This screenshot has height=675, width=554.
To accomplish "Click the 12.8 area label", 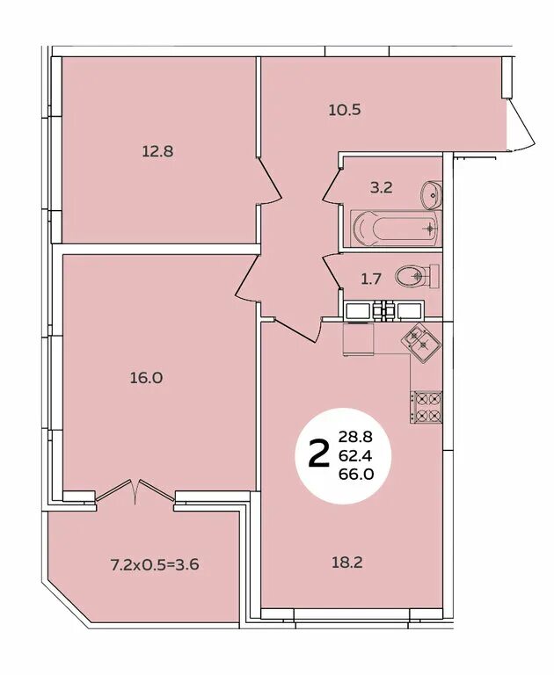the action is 157,151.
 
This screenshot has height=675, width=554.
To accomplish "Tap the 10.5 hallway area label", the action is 344,110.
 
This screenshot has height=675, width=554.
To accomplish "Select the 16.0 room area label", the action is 147,378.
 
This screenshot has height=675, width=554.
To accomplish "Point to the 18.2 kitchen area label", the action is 346,562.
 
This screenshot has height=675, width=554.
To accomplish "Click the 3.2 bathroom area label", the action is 382,188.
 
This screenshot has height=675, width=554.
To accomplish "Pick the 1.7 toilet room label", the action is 371,279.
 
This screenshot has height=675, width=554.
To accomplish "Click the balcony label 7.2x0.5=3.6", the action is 155,564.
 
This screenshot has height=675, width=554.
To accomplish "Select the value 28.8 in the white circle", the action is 355,438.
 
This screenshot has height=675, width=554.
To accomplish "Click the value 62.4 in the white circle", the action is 355,455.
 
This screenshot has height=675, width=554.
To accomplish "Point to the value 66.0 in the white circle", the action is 355,474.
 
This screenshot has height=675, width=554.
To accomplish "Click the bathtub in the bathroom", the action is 396,229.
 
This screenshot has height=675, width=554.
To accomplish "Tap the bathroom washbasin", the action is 431,195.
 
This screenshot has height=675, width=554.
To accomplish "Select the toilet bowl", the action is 417,276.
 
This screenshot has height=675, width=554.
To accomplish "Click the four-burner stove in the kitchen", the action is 426,408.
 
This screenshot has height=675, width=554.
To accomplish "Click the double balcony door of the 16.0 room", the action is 135,490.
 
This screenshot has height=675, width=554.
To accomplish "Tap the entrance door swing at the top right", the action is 521,125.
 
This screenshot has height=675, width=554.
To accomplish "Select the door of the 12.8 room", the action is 270,181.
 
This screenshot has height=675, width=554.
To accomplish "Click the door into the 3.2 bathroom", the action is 332,185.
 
